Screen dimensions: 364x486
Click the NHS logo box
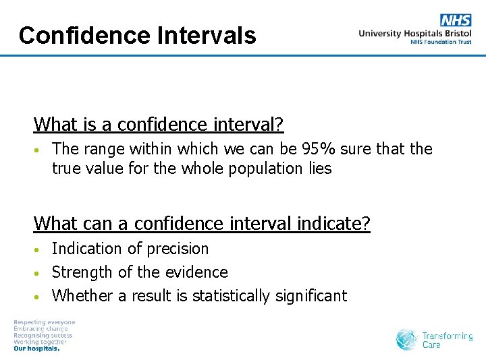[456, 20]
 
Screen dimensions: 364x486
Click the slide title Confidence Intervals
[138, 35]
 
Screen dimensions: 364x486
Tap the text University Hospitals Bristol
[415, 33]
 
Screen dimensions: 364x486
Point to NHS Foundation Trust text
[441, 42]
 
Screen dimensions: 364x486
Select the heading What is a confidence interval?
[159, 125]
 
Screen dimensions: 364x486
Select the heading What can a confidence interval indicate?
[202, 223]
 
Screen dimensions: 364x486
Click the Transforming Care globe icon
[407, 339]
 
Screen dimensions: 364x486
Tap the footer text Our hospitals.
[37, 349]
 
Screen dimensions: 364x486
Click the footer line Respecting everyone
[45, 322]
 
